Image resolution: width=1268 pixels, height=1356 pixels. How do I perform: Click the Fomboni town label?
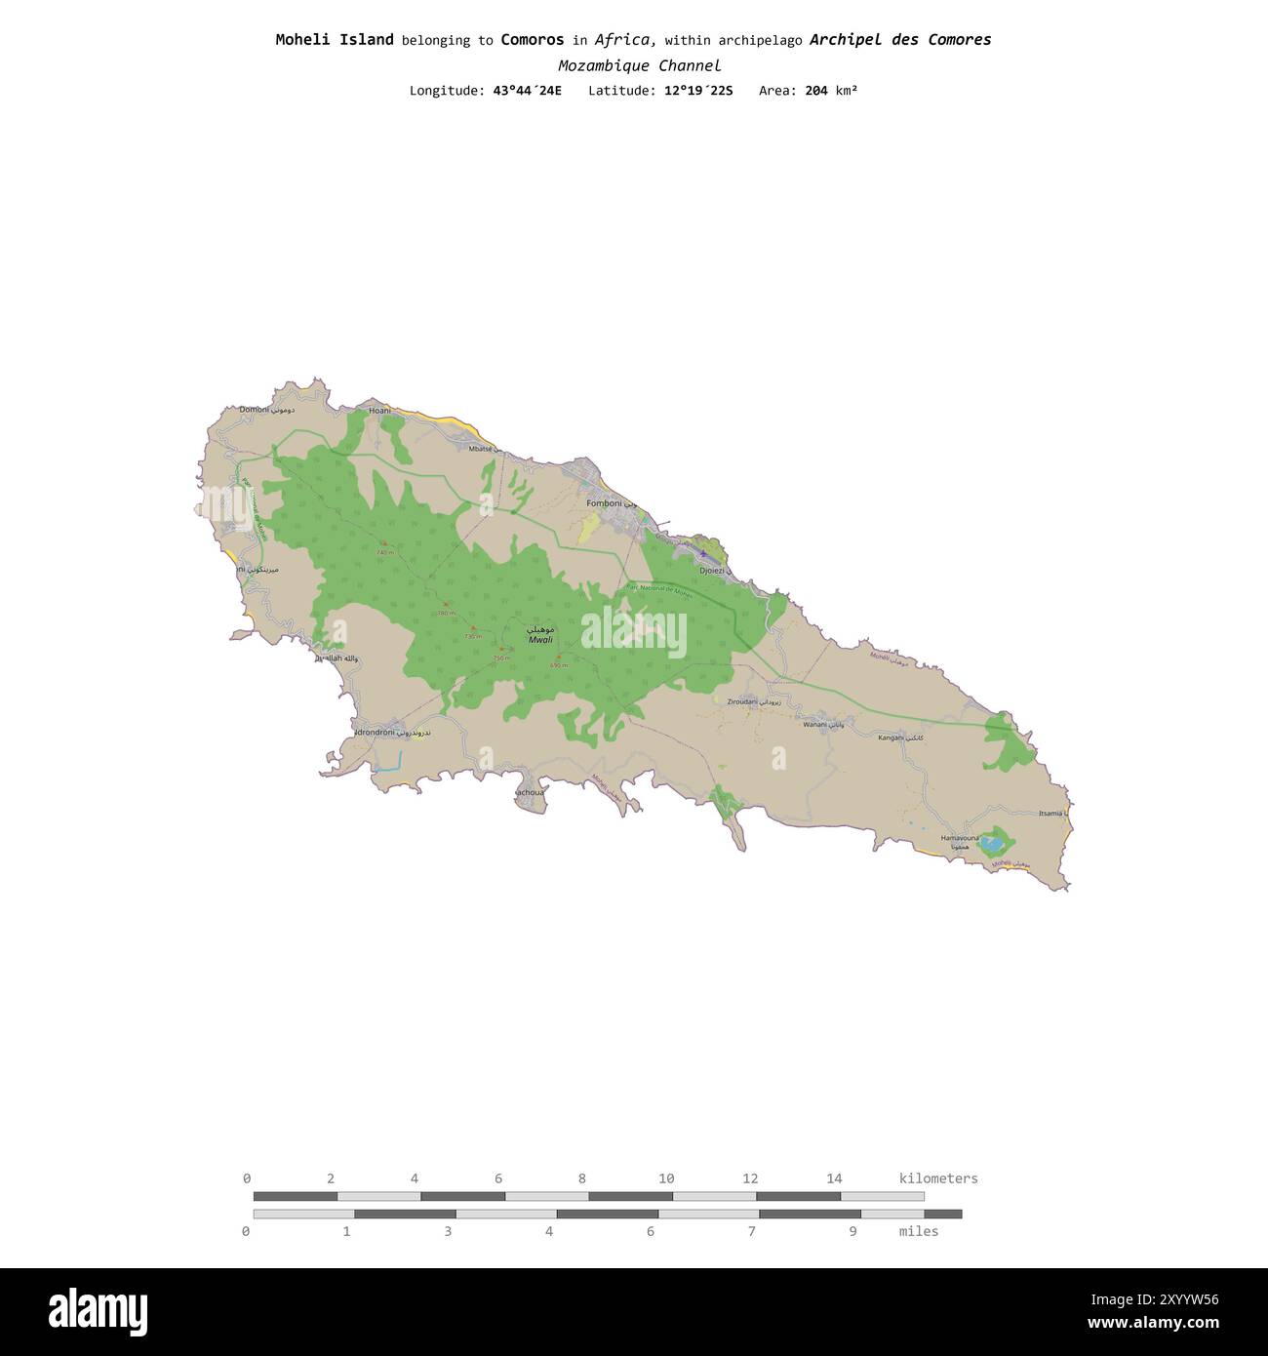(x=604, y=503)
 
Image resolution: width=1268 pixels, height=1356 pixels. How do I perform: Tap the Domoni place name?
(x=255, y=410)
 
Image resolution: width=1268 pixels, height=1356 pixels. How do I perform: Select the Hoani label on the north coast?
(x=379, y=411)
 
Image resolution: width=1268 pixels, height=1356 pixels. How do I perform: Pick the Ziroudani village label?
(x=742, y=701)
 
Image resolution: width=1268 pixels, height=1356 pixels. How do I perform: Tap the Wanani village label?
(x=814, y=725)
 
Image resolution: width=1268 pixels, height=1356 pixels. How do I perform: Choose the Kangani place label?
(x=892, y=738)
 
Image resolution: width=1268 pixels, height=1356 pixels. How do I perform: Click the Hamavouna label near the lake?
(x=959, y=838)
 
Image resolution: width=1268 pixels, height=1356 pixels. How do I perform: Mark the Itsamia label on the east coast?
(x=1050, y=813)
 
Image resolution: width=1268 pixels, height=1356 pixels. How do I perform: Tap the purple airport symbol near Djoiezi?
(x=703, y=553)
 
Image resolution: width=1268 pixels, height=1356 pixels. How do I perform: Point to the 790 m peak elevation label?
(x=446, y=613)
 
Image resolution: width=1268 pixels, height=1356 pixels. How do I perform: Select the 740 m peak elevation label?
(x=385, y=552)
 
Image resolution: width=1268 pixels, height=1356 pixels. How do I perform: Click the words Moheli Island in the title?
(x=335, y=40)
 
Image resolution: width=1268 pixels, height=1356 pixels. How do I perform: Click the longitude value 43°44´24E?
(x=527, y=91)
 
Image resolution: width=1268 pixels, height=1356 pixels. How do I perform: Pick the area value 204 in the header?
(x=816, y=91)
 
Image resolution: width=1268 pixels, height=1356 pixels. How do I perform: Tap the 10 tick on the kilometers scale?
(x=666, y=1178)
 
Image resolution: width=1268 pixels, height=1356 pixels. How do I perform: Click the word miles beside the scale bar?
(x=918, y=1231)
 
